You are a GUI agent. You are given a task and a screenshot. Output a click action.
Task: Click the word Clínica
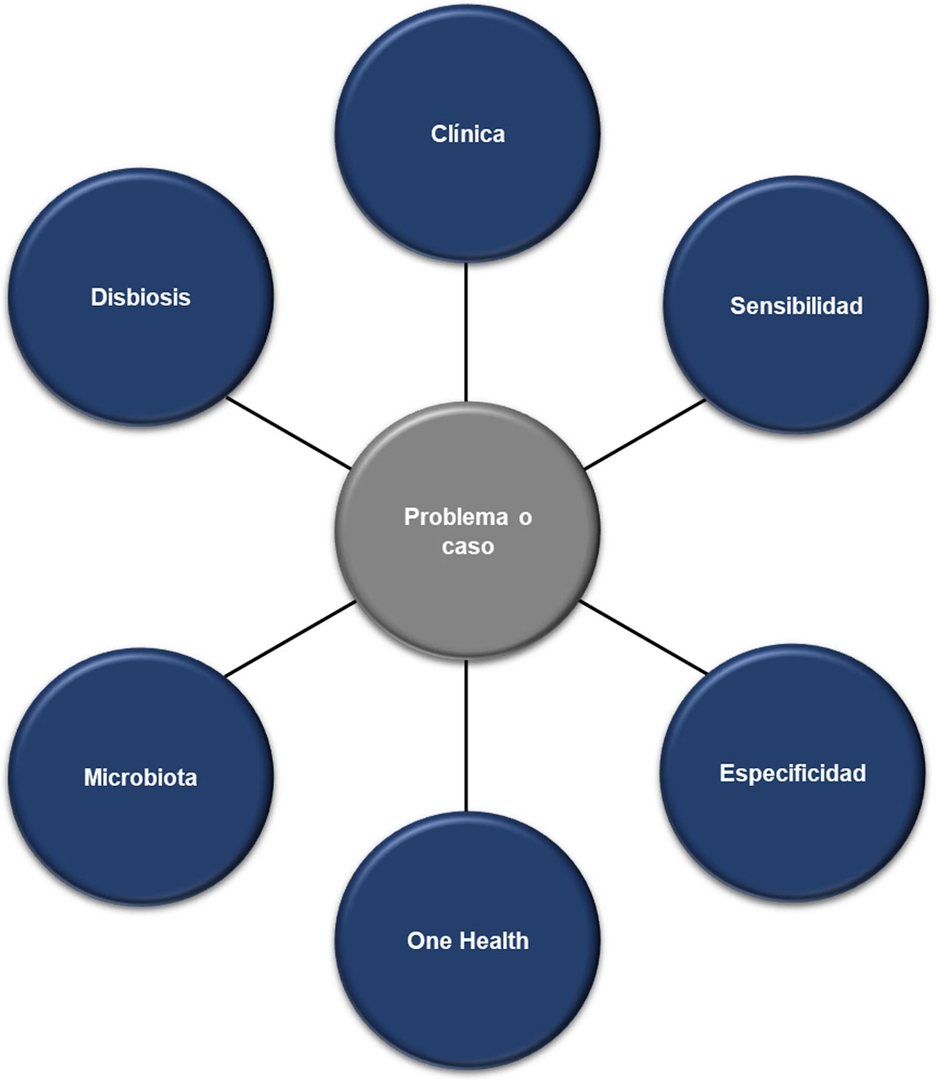pos(467,134)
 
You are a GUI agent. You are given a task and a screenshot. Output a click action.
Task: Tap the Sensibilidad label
pos(796,305)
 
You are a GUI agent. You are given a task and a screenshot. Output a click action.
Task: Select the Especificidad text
pos(792,773)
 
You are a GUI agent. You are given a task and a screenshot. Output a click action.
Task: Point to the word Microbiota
pos(140,777)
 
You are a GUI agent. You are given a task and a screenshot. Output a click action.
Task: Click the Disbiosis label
pos(140,297)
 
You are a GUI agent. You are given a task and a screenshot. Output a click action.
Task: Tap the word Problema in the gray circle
pos(456,517)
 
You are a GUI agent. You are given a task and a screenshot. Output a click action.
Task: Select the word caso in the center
pos(467,546)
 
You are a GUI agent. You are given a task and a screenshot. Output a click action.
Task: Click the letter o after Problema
pos(525,518)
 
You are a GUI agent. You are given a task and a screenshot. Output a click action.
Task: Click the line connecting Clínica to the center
pos(466,332)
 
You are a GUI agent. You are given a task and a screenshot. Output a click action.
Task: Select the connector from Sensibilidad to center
pos(645,435)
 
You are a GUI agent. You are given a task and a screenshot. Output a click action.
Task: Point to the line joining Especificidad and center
pos(643,638)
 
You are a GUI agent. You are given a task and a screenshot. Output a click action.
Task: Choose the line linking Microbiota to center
pos(290,639)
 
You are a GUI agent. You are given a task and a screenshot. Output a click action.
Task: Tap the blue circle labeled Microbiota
pos(140,834)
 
